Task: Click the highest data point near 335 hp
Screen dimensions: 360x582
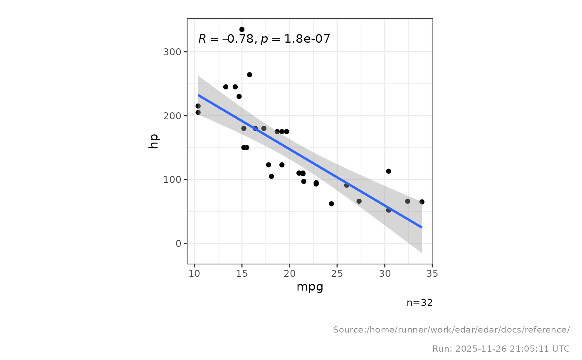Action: pyautogui.click(x=242, y=30)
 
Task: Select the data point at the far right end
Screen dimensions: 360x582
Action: pyautogui.click(x=422, y=202)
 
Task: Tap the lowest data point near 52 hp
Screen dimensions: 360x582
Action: pyautogui.click(x=389, y=210)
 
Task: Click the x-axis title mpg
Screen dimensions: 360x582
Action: pyautogui.click(x=310, y=287)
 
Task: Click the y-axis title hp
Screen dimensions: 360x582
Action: pyautogui.click(x=154, y=141)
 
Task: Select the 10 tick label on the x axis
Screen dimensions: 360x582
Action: pyautogui.click(x=194, y=274)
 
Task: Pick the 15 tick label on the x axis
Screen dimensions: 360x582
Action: pyautogui.click(x=242, y=274)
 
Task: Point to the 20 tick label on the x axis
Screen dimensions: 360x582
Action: pyautogui.click(x=289, y=274)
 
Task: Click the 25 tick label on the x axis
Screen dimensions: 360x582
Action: pyautogui.click(x=337, y=274)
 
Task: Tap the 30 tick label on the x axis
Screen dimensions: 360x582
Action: pyautogui.click(x=385, y=274)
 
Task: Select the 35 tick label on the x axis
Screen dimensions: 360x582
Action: pyautogui.click(x=432, y=274)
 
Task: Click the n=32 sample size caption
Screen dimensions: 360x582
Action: pyautogui.click(x=419, y=303)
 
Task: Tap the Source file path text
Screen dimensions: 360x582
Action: pyautogui.click(x=451, y=330)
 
